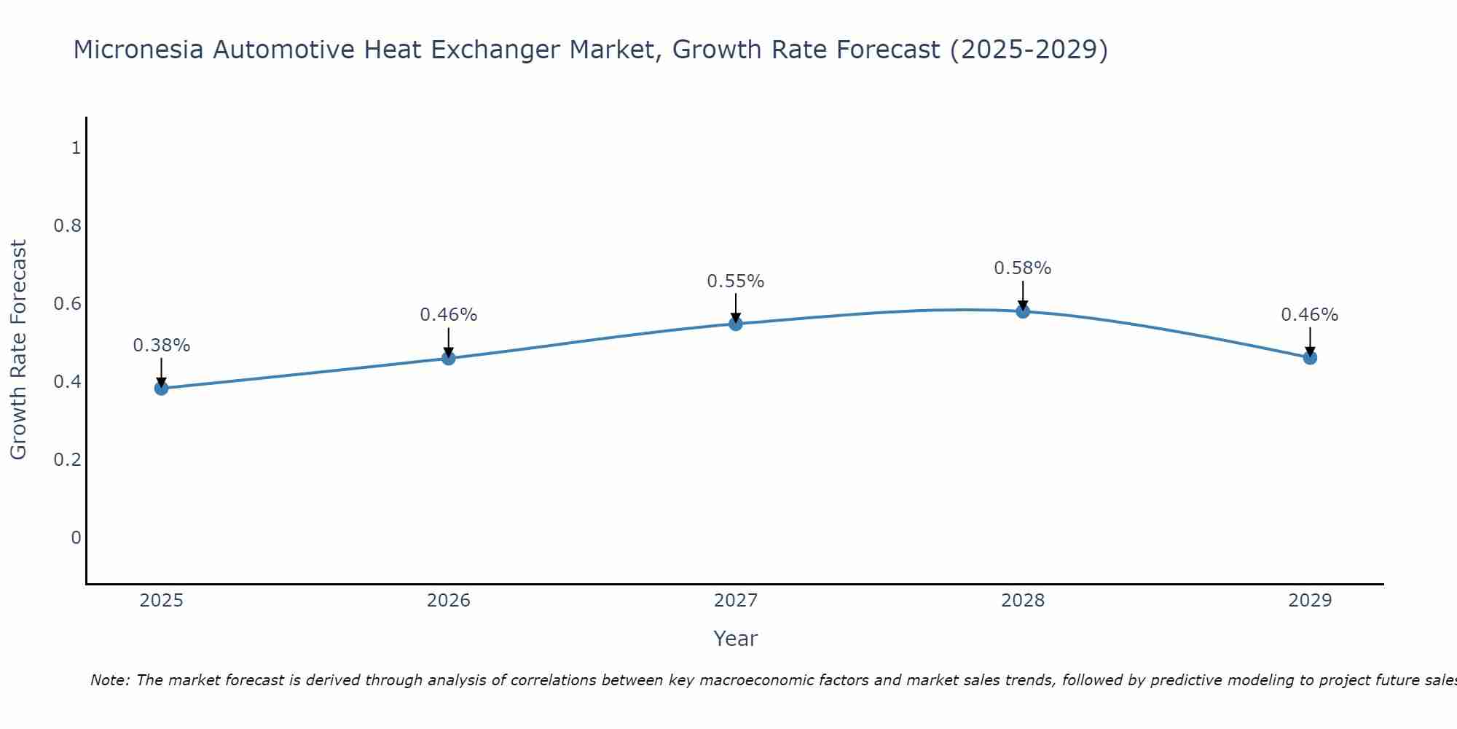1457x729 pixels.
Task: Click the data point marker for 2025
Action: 162,388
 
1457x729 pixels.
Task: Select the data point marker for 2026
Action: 449,358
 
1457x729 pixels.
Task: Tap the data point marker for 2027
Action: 736,324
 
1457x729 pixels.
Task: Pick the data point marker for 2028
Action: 1023,311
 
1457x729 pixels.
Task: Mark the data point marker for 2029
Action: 1310,358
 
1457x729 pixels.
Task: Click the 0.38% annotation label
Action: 162,346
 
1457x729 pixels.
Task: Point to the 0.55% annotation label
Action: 736,281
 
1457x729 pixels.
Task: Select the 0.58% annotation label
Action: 1023,268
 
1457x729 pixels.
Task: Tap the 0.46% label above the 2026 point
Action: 449,315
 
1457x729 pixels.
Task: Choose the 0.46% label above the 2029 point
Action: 1310,315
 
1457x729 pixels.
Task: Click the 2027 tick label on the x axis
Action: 736,601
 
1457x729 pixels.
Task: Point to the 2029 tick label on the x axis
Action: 1310,601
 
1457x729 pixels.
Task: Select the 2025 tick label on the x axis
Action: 162,601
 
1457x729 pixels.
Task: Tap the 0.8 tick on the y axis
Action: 68,226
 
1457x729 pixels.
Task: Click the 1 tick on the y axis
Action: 76,148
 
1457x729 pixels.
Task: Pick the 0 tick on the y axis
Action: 76,538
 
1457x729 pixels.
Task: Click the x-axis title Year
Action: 736,639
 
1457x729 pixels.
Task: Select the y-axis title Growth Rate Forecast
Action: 19,350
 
